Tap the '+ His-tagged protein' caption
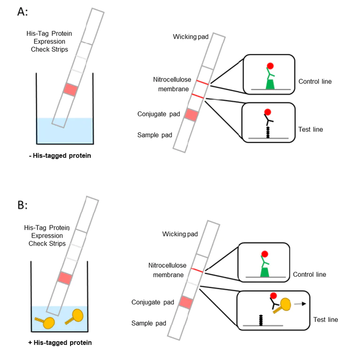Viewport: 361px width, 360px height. pos(60,343)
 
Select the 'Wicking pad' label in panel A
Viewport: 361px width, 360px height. pos(191,37)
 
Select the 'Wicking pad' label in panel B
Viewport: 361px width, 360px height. pos(180,234)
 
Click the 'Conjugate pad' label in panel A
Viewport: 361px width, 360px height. pos(158,114)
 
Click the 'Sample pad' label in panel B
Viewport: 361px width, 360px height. pos(149,323)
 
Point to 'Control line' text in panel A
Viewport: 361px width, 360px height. pos(315,81)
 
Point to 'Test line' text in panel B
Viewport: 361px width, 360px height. pos(325,320)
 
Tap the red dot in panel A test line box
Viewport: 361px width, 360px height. pos(268,112)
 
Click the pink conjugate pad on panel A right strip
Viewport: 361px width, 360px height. pos(192,114)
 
